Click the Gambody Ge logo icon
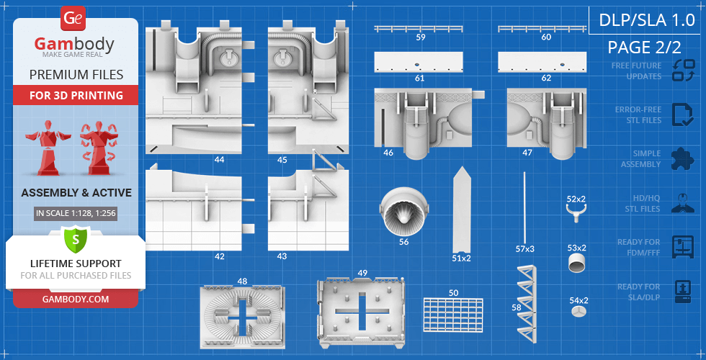coord(73,18)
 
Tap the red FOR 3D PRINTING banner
coord(76,95)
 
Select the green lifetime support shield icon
coord(75,238)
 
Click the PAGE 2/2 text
coord(644,48)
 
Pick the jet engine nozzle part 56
coord(403,210)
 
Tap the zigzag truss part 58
coord(526,302)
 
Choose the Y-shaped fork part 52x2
coord(576,212)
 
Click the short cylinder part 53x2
coord(577,264)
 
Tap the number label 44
coord(219,159)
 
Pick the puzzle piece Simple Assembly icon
coord(682,158)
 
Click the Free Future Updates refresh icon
coord(682,71)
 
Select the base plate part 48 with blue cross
coord(242,315)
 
